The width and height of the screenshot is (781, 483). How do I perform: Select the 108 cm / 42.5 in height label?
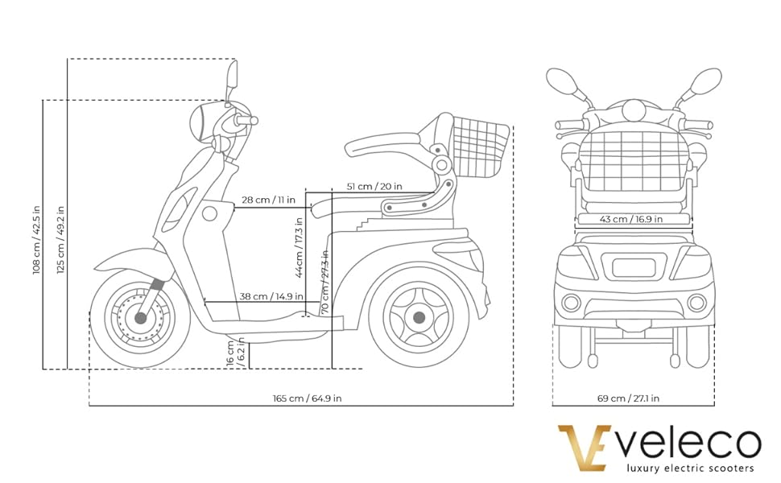pyautogui.click(x=37, y=238)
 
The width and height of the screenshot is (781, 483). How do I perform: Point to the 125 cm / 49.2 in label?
pyautogui.click(x=60, y=238)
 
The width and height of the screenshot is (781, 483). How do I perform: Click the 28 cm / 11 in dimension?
pyautogui.click(x=268, y=200)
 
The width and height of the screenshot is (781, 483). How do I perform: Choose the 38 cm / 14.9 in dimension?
pyautogui.click(x=271, y=295)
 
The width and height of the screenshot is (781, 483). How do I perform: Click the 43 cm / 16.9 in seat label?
pyautogui.click(x=632, y=219)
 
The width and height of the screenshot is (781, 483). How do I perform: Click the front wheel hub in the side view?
pyautogui.click(x=141, y=318)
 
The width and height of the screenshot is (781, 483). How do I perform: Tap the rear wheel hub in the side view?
pyautogui.click(x=418, y=318)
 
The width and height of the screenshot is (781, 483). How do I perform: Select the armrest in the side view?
pyautogui.click(x=383, y=145)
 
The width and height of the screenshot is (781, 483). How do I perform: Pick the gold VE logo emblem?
pyautogui.click(x=585, y=448)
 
